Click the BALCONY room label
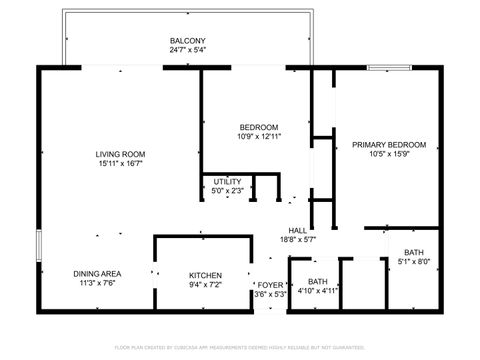(x=188, y=41)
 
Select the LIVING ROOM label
(x=121, y=154)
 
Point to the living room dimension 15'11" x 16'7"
(x=121, y=164)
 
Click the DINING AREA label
(x=97, y=274)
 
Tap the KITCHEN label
(x=206, y=275)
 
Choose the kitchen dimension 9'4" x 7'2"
(x=206, y=285)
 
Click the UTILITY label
(x=227, y=182)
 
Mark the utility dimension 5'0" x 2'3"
(x=227, y=191)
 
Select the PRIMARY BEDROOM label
(x=389, y=145)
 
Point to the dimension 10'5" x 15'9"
(x=389, y=155)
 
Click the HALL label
(x=298, y=230)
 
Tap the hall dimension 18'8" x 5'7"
(x=298, y=240)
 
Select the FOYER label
(x=271, y=285)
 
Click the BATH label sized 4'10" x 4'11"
(x=317, y=282)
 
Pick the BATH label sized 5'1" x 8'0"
(x=413, y=253)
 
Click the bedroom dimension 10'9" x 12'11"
(x=258, y=137)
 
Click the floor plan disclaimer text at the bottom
(x=240, y=348)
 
